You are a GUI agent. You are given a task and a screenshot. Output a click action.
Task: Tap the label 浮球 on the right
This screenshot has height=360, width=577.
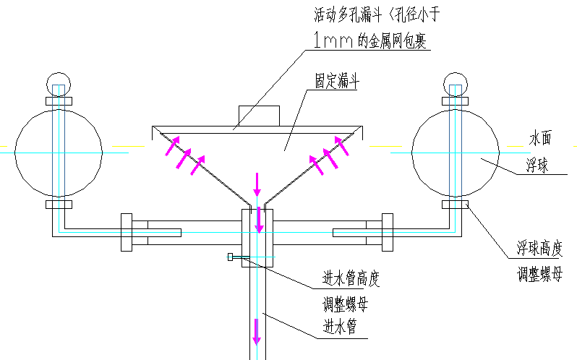(537, 166)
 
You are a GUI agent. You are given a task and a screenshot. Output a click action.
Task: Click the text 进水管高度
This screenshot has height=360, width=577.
(351, 278)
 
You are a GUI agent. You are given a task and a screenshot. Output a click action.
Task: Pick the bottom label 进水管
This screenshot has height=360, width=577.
(340, 327)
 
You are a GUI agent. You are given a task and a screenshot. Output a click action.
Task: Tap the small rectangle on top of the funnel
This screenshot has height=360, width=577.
(259, 116)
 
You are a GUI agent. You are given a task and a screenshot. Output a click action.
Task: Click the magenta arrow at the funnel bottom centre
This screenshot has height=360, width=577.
(257, 184)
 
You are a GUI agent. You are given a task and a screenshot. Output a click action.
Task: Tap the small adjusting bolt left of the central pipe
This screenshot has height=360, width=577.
(231, 257)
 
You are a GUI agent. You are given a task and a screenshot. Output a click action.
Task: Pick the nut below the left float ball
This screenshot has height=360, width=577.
(57, 205)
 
